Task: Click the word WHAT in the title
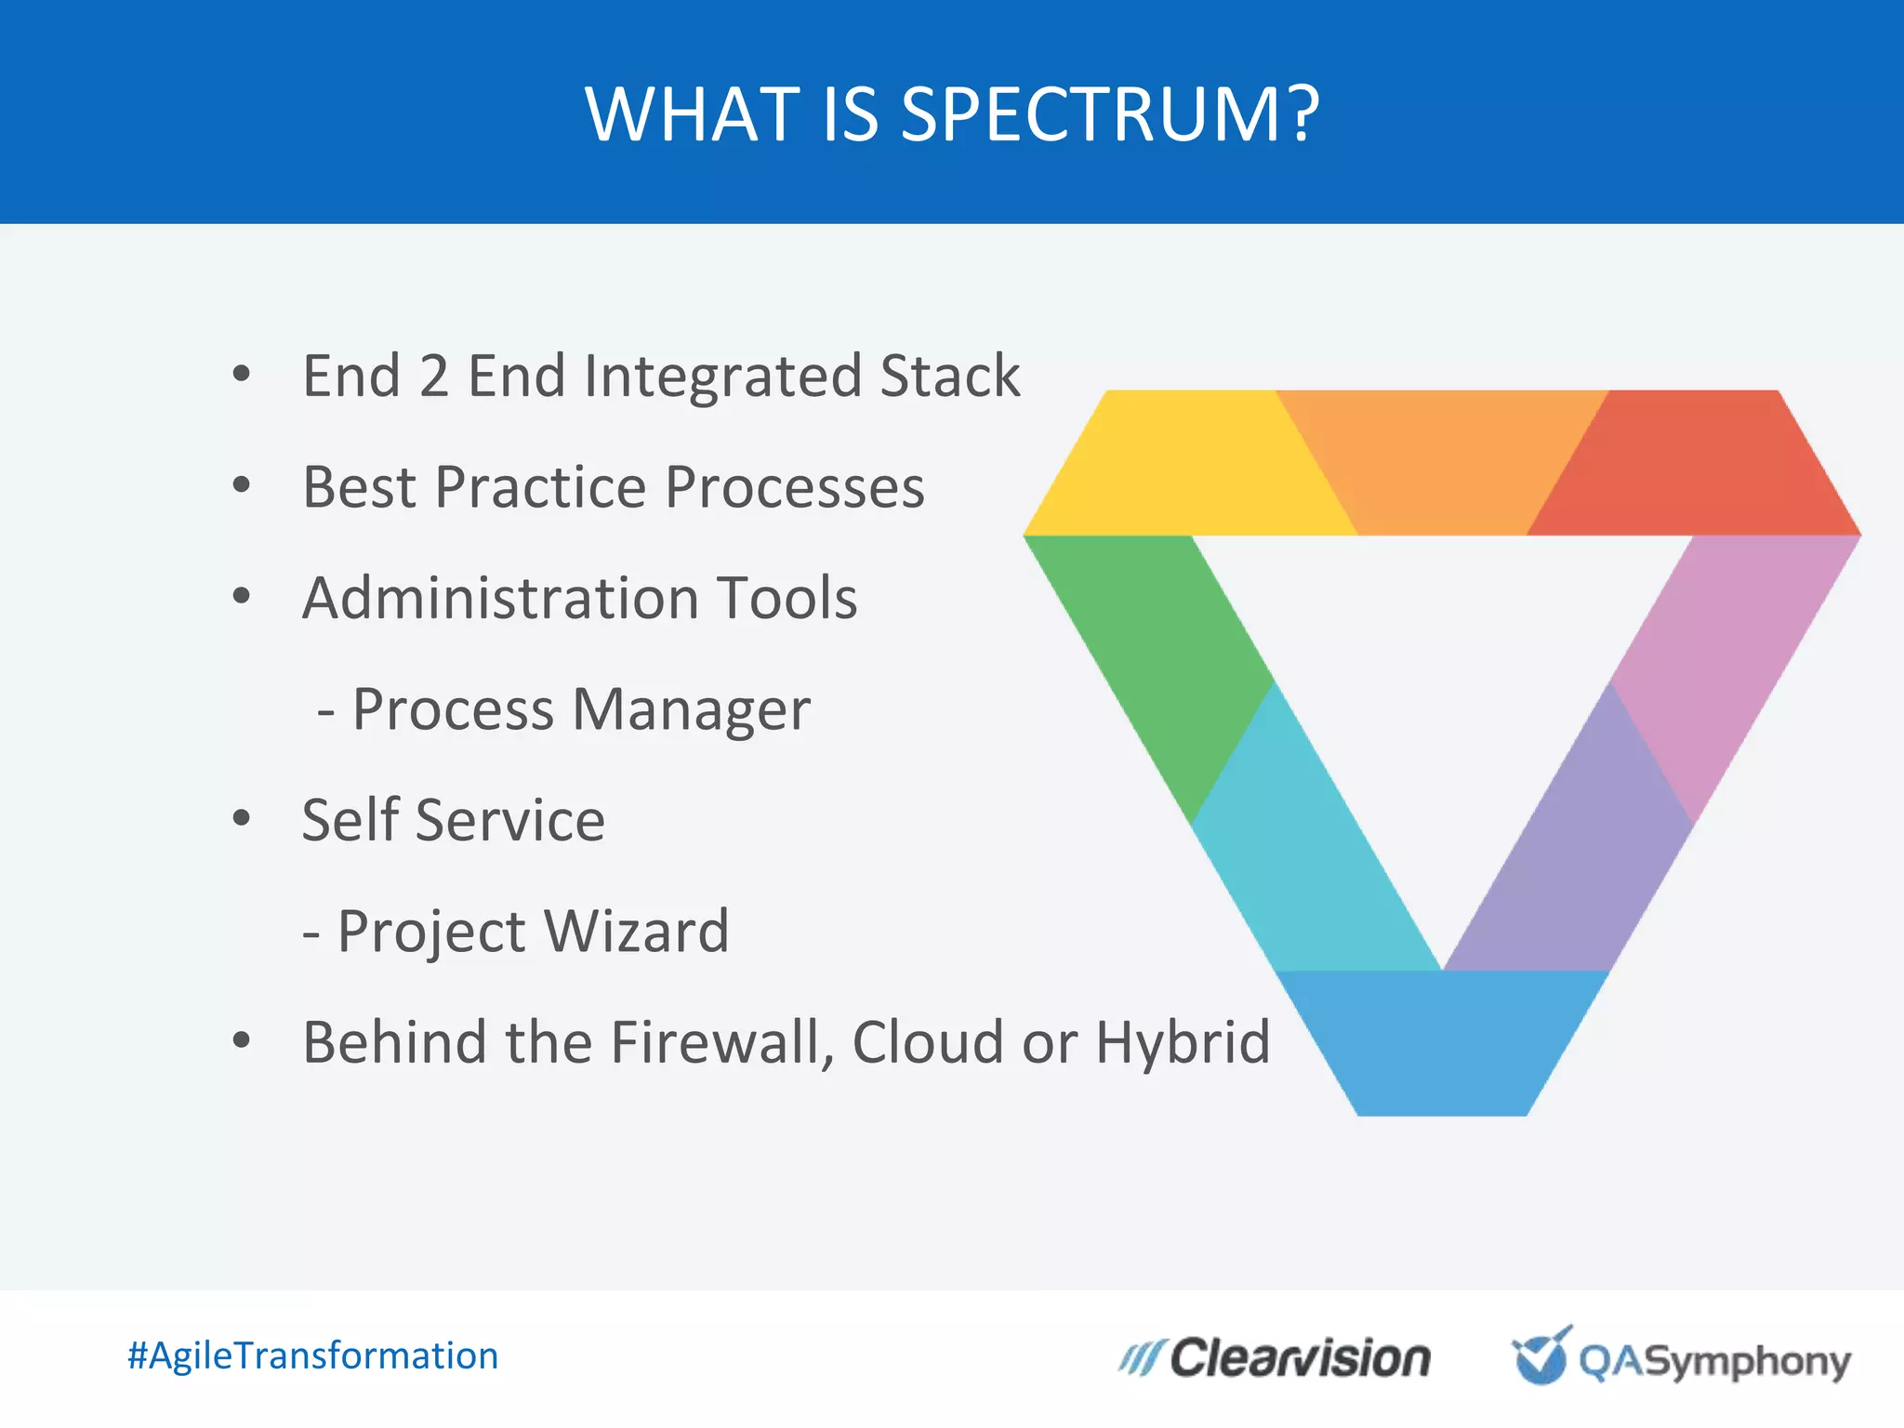(x=694, y=114)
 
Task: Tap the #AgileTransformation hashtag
(x=312, y=1355)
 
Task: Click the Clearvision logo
(x=1275, y=1358)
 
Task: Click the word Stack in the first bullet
(x=950, y=377)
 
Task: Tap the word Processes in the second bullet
(x=795, y=487)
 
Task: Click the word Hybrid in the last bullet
(x=1182, y=1043)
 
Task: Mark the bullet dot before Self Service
(x=242, y=818)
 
